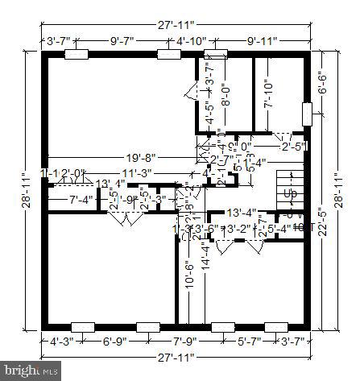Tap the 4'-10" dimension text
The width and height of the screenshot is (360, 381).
pyautogui.click(x=192, y=39)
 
